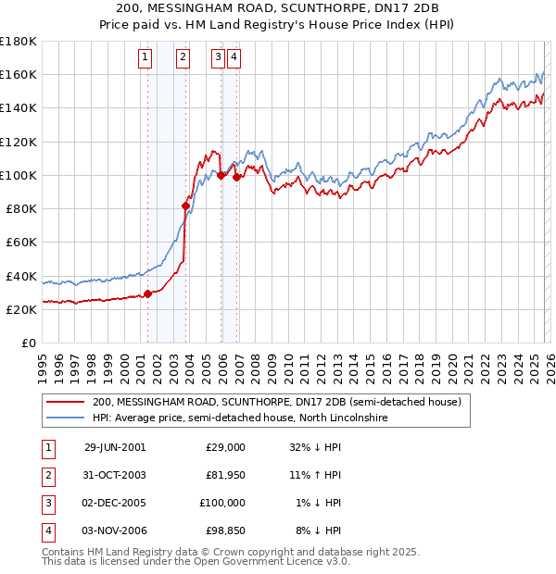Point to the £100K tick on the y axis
point(19,175)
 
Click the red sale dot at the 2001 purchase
point(148,293)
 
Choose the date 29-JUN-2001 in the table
point(114,447)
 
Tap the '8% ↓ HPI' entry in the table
point(322,530)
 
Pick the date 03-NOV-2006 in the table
point(114,530)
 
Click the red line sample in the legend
point(65,403)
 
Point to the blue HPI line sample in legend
point(65,418)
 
